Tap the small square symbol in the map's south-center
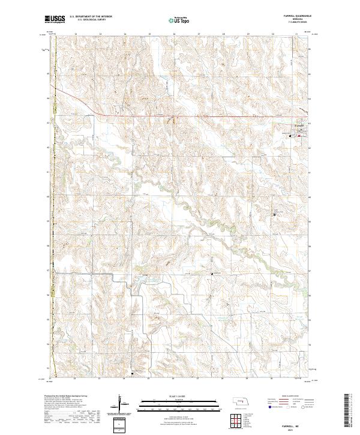212,274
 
